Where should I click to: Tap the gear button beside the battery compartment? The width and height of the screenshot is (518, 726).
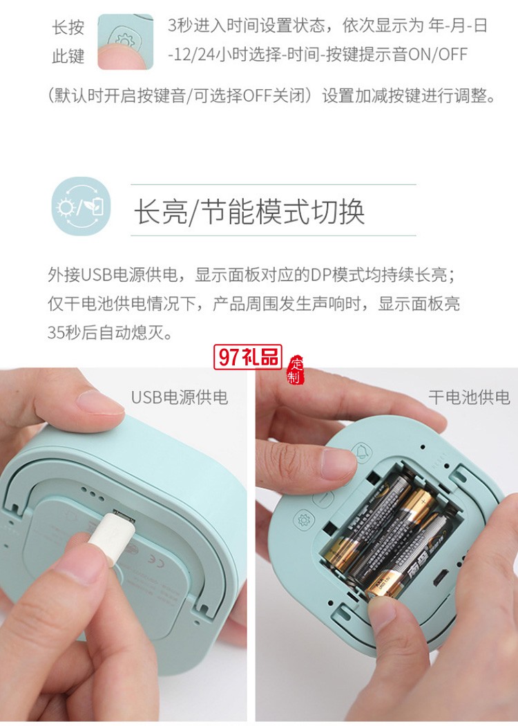click(x=303, y=519)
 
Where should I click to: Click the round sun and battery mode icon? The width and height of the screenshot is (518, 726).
click(x=81, y=207)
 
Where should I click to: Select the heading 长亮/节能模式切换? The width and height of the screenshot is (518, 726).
click(x=249, y=212)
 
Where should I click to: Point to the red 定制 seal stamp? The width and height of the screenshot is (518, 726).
click(x=296, y=371)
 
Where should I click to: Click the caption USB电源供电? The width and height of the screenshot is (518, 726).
click(x=180, y=397)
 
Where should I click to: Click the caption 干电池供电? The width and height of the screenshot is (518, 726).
click(x=469, y=397)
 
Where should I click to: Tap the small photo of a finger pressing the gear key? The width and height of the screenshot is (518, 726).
click(x=125, y=41)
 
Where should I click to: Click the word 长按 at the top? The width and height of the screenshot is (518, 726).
click(x=68, y=28)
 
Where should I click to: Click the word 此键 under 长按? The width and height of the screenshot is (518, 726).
click(x=68, y=57)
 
